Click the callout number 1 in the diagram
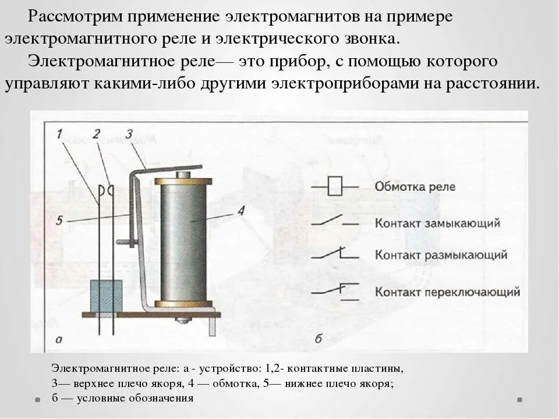click(x=60, y=134)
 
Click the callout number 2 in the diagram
click(x=97, y=134)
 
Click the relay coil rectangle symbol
click(x=335, y=187)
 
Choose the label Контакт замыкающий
click(x=437, y=223)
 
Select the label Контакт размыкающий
click(x=441, y=255)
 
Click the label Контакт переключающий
click(x=447, y=292)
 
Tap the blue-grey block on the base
click(x=106, y=296)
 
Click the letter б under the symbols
click(x=318, y=338)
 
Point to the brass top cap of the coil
click(x=183, y=182)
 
